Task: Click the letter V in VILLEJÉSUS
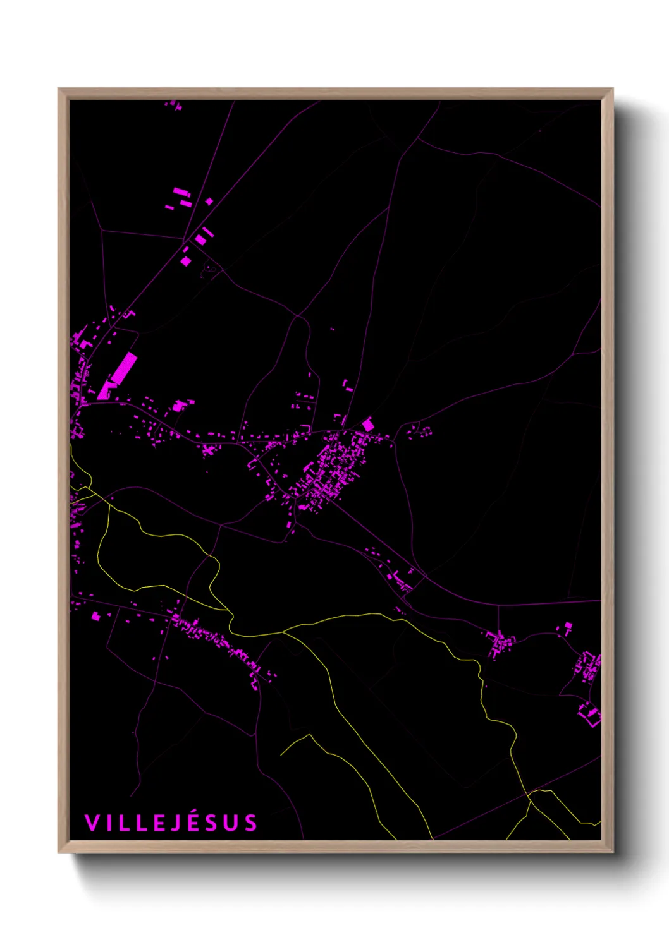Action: tap(92, 823)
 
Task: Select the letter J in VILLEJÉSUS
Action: tap(177, 823)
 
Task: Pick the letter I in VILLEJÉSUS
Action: tap(107, 823)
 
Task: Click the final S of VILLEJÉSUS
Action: tap(251, 823)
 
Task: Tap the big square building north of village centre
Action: tap(367, 424)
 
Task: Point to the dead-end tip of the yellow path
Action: tap(281, 755)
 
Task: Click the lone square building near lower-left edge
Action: tap(95, 616)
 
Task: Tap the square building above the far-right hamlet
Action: tap(567, 627)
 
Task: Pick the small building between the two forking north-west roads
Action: tap(209, 202)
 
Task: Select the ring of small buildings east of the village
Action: tap(420, 431)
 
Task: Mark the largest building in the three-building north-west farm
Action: tap(180, 191)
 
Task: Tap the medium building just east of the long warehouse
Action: tap(179, 405)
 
